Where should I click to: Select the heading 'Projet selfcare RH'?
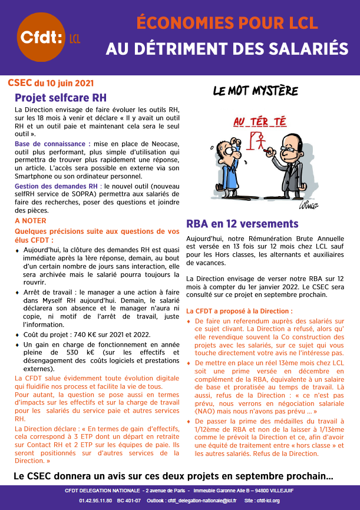(60, 97)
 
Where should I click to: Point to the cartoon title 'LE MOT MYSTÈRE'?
(255, 91)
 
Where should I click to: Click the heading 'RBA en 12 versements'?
(242, 224)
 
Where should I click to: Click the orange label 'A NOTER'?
(31, 221)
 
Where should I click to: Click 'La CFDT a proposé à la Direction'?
(239, 310)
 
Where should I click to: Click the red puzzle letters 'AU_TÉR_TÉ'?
(260, 122)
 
